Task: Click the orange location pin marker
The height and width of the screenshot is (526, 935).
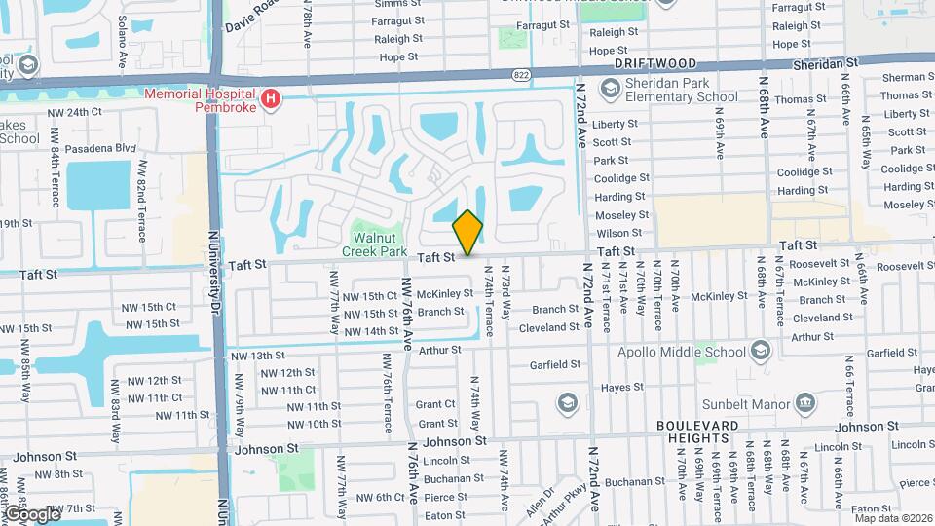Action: tap(468, 232)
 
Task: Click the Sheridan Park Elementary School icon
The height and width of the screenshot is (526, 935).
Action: tap(611, 91)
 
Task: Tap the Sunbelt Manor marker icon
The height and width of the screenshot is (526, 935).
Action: tap(804, 402)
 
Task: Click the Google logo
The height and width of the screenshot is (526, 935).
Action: tap(32, 513)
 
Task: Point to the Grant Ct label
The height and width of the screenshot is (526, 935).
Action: tap(435, 404)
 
